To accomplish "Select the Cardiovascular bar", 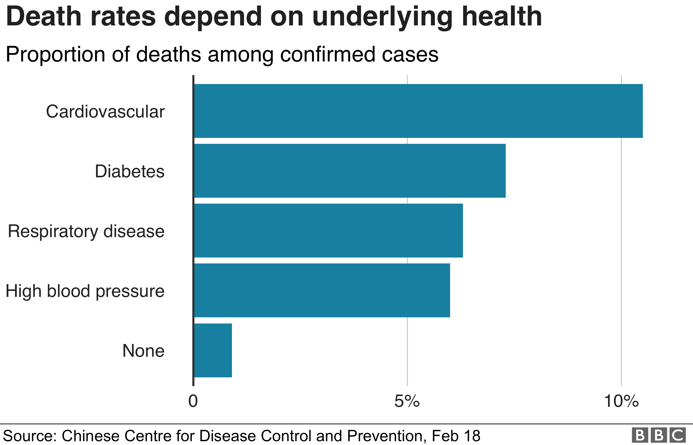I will pos(418,111).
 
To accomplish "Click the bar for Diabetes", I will pos(350,171).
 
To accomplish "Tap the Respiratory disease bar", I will pos(328,231).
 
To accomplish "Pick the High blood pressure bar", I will pos(322,290).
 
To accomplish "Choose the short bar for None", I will pos(213,350).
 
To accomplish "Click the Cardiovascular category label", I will pos(105,112).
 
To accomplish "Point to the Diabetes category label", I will pos(130,171).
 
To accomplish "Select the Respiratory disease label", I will pos(86,231).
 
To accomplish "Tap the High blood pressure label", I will pos(85,291).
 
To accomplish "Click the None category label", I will pos(143,351).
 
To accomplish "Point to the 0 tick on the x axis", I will pos(193,401).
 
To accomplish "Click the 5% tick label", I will pos(407,401).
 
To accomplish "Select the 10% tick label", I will pos(621,401).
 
